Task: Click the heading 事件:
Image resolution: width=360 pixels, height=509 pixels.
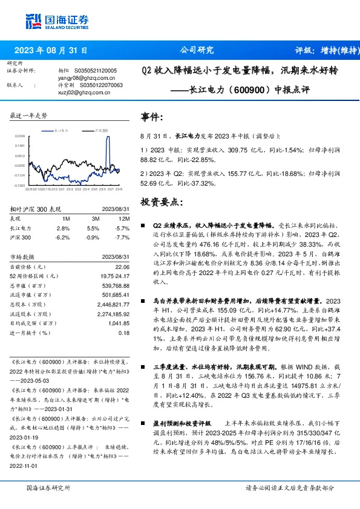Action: click(152, 118)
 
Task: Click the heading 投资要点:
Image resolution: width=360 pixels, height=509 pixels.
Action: click(160, 201)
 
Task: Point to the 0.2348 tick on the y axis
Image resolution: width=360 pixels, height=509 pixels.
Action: click(19, 137)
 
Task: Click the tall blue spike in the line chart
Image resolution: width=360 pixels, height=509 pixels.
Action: click(110, 145)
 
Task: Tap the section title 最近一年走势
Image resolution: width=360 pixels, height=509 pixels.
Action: click(28, 115)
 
